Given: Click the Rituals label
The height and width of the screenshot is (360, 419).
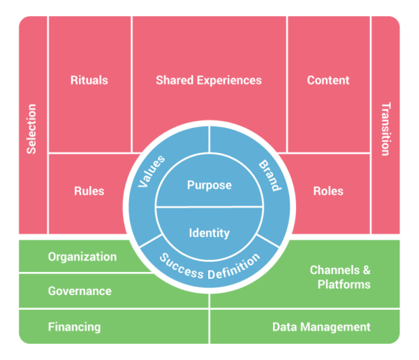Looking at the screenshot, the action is pyautogui.click(x=89, y=80).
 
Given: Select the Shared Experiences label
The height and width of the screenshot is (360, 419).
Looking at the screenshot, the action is pyautogui.click(x=209, y=80).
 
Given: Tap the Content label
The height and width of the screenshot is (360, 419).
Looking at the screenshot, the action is pyautogui.click(x=328, y=80).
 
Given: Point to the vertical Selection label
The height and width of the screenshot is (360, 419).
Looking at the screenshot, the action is pyautogui.click(x=31, y=129).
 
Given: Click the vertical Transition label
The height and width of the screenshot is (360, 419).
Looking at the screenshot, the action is pyautogui.click(x=386, y=129).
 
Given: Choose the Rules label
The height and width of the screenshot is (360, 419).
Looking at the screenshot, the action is pyautogui.click(x=89, y=191).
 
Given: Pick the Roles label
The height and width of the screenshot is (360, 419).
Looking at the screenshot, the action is pyautogui.click(x=328, y=191).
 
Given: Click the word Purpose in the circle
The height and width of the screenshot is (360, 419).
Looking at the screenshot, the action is pyautogui.click(x=209, y=185).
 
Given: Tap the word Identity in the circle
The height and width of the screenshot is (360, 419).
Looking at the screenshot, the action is pyautogui.click(x=209, y=233).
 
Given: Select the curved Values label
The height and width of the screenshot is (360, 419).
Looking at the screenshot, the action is pyautogui.click(x=152, y=171).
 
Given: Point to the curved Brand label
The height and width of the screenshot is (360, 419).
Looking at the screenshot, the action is pyautogui.click(x=270, y=175).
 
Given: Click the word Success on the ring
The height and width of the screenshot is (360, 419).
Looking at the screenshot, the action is pyautogui.click(x=181, y=267).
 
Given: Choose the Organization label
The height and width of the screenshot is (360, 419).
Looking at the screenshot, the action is pyautogui.click(x=82, y=257).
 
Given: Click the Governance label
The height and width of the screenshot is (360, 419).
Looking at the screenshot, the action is pyautogui.click(x=80, y=291).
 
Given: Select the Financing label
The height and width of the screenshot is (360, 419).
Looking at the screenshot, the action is pyautogui.click(x=74, y=327).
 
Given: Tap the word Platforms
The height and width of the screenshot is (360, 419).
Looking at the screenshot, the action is pyautogui.click(x=344, y=285).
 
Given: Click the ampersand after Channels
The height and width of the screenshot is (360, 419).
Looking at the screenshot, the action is pyautogui.click(x=367, y=270).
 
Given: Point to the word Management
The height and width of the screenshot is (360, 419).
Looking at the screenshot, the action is pyautogui.click(x=335, y=327).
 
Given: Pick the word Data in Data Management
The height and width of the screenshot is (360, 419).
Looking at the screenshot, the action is pyautogui.click(x=285, y=327).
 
